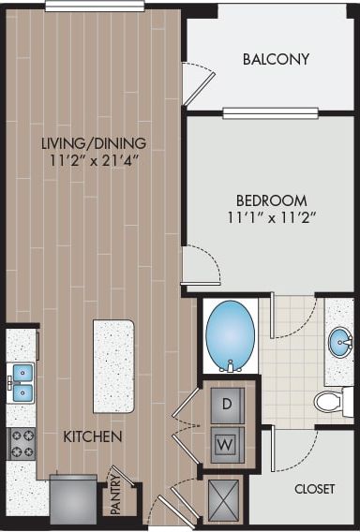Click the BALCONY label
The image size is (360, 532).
[x=276, y=59]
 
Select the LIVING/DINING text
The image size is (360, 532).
[x=95, y=142]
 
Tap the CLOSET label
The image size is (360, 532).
[x=314, y=488]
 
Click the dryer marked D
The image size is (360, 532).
[x=226, y=405]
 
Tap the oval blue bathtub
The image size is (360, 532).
[x=230, y=335]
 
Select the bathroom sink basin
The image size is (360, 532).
[x=340, y=343]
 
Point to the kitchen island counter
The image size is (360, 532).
[x=113, y=365]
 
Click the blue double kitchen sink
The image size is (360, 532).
[x=22, y=382]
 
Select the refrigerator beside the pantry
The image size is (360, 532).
[x=73, y=497]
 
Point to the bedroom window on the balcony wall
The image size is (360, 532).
[x=270, y=113]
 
